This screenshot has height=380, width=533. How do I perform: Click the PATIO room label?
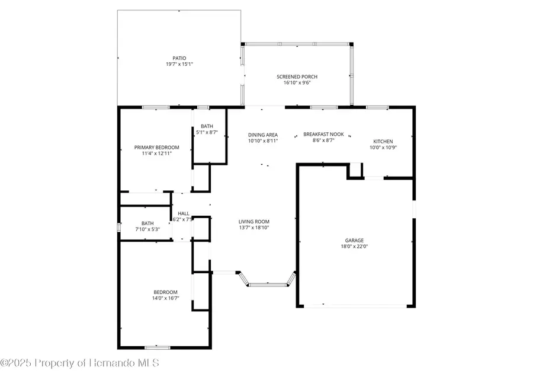point(179,58)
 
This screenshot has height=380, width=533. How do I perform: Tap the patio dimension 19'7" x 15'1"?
point(179,64)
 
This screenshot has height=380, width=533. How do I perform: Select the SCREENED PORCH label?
point(297,77)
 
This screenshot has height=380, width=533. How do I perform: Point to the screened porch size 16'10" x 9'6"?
point(297,83)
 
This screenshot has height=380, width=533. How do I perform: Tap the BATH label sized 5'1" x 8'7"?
point(207,126)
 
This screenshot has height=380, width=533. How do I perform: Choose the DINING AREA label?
point(262,135)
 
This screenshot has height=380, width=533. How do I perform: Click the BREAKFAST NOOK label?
point(323,135)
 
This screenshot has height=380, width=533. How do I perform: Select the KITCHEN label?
point(383,141)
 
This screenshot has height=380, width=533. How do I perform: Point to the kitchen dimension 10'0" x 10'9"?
point(383,147)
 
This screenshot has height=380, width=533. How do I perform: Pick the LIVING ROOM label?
point(254,222)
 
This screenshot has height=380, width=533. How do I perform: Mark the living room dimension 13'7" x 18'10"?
point(254,228)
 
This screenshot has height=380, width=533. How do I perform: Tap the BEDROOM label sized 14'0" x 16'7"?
point(165,292)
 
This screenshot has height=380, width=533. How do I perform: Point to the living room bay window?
point(266,283)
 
